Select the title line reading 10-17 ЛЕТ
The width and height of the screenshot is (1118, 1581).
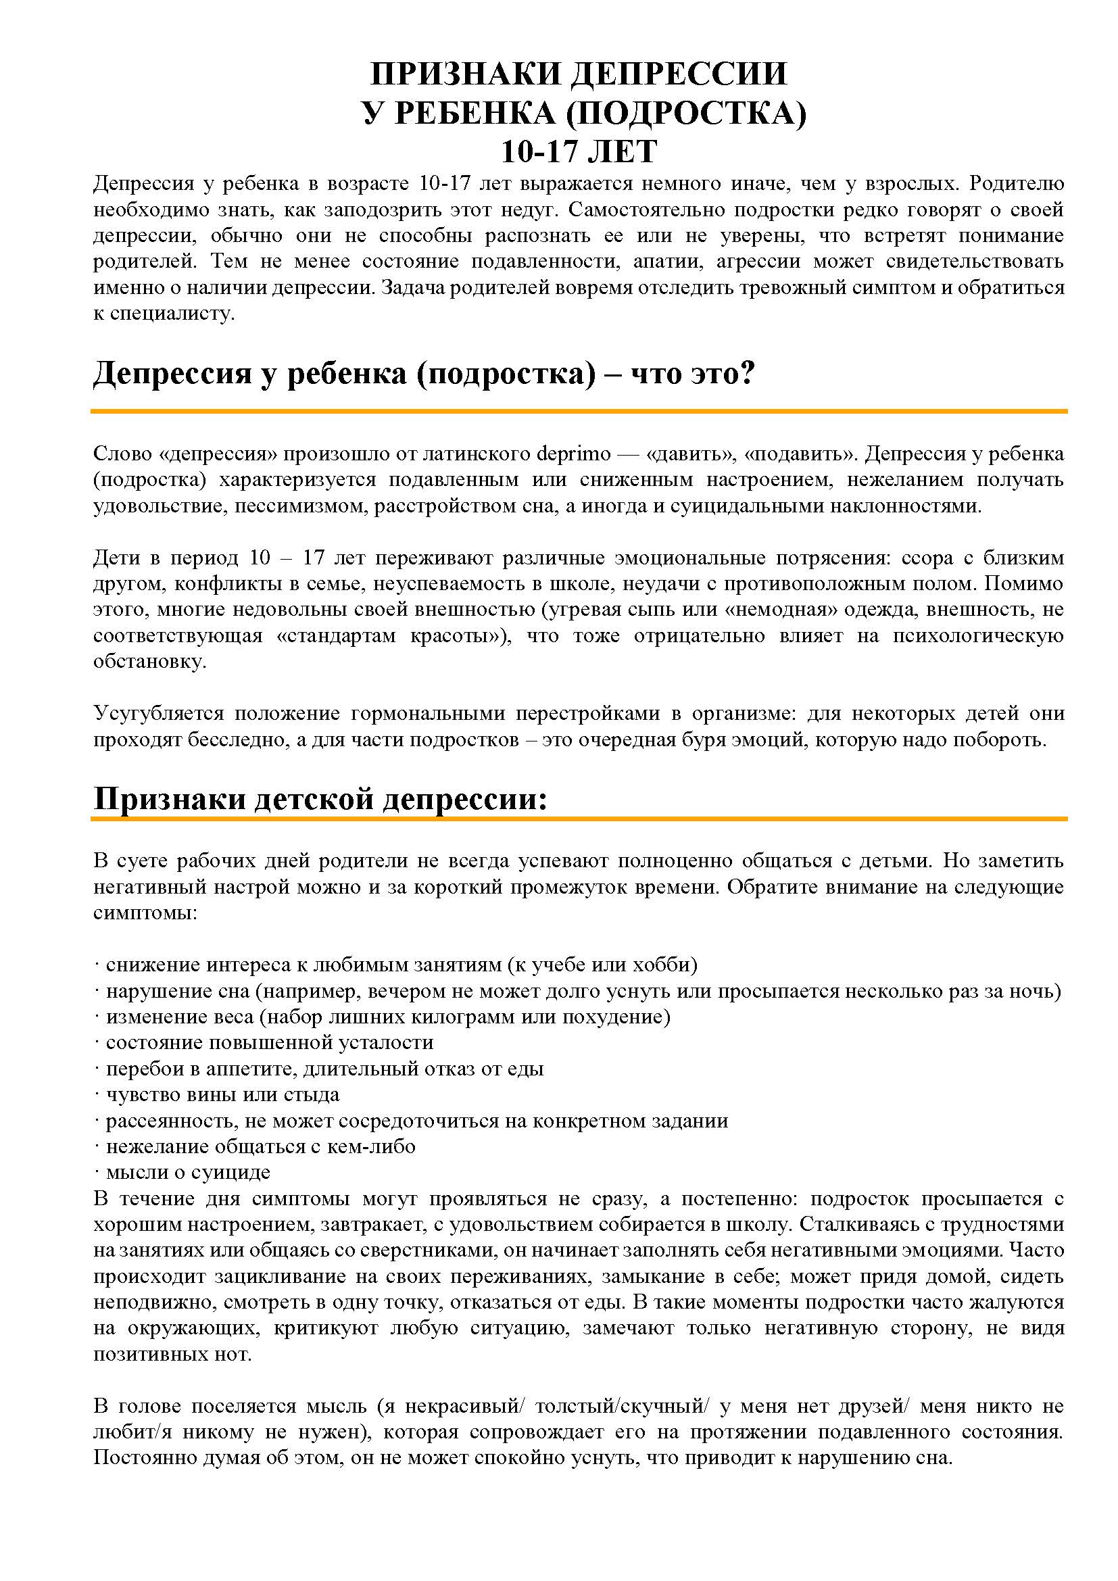pos(579,151)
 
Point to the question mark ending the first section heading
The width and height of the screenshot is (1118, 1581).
pos(749,374)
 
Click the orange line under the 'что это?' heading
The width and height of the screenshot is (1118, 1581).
pos(579,411)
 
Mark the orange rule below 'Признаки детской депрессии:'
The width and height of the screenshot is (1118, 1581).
pos(579,819)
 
